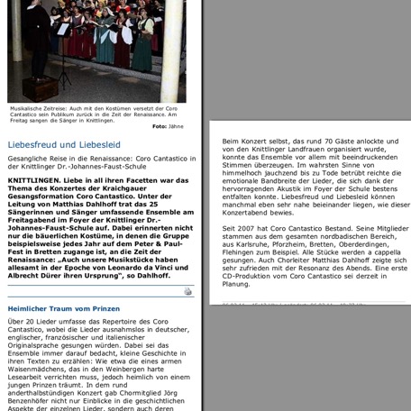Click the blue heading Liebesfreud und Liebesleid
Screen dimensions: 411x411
64,144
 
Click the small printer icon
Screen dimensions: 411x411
187,292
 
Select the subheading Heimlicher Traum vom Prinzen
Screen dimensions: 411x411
64,308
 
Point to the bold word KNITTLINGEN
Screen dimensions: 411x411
33,179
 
